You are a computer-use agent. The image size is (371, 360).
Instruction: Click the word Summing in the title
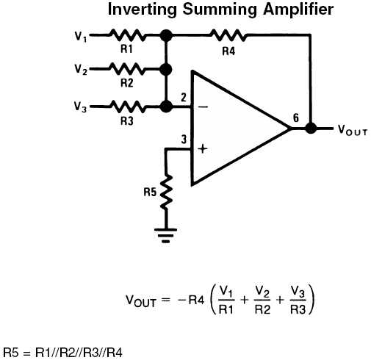coord(220,10)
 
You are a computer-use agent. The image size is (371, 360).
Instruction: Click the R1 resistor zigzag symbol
coord(127,35)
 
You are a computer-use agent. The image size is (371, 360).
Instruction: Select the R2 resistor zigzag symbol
coord(127,69)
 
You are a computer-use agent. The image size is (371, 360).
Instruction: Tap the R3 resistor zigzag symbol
coord(127,107)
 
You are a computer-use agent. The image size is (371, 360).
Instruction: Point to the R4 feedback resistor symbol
coord(228,35)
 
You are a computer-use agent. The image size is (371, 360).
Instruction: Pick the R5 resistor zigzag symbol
coord(166,192)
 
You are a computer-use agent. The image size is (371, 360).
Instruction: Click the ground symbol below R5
coord(166,235)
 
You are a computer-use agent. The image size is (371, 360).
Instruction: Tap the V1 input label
coord(81,37)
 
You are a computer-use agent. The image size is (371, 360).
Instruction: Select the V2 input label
coord(81,69)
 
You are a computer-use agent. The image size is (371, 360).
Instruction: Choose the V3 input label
coord(81,107)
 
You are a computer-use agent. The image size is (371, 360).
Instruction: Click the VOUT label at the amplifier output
coord(353,130)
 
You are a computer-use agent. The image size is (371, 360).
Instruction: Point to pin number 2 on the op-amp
coord(184,98)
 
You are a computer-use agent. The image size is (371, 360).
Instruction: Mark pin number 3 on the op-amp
coord(184,140)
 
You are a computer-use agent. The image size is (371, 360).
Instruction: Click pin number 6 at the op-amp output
coord(296,118)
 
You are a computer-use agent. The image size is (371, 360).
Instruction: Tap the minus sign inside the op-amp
coord(203,107)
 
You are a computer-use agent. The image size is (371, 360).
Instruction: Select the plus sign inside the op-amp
coord(203,148)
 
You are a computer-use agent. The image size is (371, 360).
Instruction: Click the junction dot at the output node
coord(311,128)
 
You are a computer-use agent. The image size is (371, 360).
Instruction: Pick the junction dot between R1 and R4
coord(166,35)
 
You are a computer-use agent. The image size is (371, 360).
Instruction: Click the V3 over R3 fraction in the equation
coord(298,300)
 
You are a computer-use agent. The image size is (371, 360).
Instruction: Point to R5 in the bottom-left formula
coord(11,353)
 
